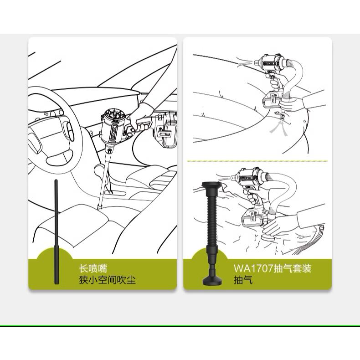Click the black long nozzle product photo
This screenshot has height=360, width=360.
[x=56, y=232]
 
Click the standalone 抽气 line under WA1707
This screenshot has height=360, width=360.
[x=243, y=280]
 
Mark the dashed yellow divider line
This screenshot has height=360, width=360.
[x=257, y=161]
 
